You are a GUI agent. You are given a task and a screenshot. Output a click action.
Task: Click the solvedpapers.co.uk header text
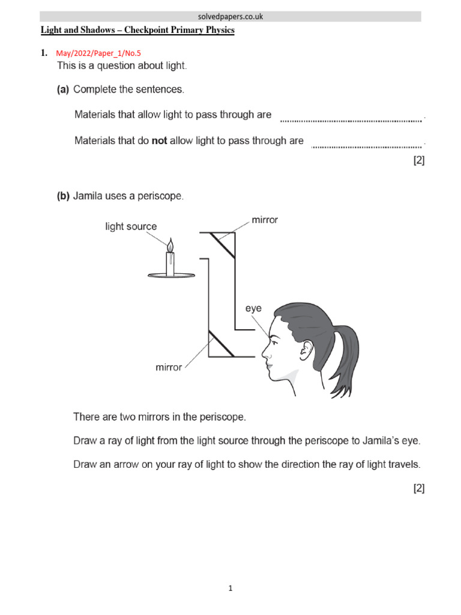(230, 17)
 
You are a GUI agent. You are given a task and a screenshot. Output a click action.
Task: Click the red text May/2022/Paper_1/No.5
(98, 53)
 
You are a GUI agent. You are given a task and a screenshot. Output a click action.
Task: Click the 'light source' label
(131, 226)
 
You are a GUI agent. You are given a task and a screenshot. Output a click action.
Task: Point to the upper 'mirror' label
(265, 220)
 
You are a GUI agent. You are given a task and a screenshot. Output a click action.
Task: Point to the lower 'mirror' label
(169, 367)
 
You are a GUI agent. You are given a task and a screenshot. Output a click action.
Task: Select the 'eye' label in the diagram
(253, 309)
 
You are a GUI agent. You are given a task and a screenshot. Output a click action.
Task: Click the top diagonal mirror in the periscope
(221, 246)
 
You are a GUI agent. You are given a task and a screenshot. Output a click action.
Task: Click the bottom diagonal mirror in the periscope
(221, 344)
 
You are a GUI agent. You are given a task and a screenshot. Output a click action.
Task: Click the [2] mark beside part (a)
(418, 160)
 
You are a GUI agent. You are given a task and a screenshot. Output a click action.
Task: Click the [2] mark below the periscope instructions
(418, 488)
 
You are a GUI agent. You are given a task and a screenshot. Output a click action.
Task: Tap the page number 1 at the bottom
(230, 589)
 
